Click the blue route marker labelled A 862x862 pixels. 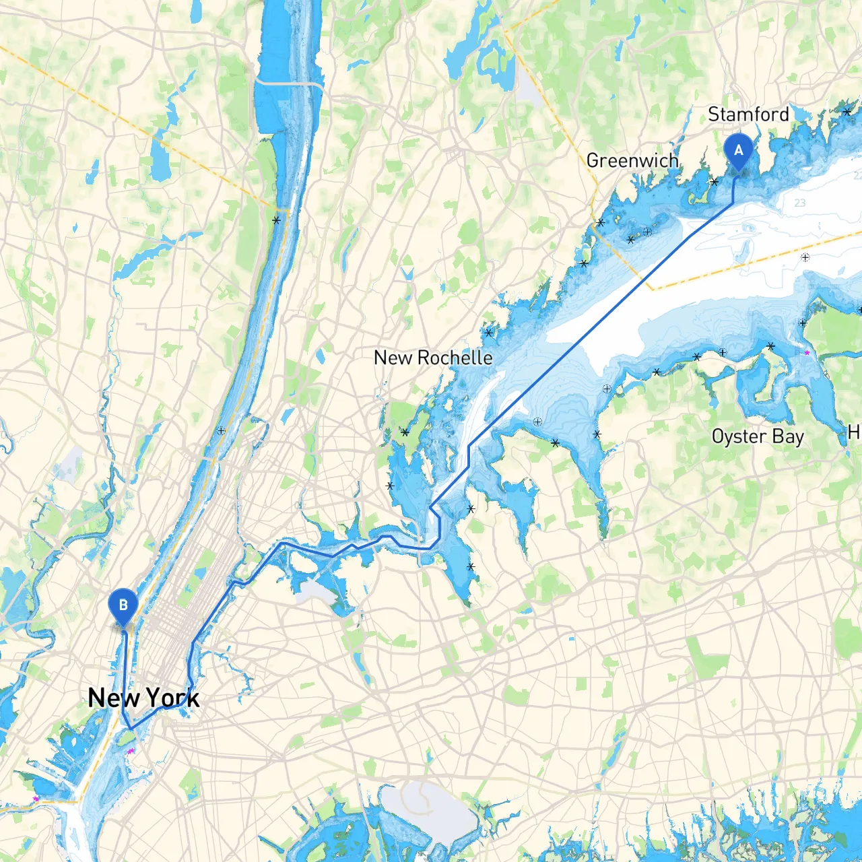pos(738,150)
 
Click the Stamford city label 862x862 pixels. pos(748,114)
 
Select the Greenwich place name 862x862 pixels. pos(632,160)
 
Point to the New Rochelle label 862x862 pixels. pos(433,358)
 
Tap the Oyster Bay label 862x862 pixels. pos(758,436)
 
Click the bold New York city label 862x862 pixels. pos(143,698)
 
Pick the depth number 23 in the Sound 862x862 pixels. pos(799,203)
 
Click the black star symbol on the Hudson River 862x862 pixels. pos(276,220)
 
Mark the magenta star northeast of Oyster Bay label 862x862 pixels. pos(807,352)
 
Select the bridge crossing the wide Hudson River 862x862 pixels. pos(290,83)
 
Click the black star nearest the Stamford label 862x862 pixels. pos(847,112)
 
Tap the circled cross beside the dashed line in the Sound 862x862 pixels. pos(805,257)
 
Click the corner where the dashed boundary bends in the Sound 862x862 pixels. pos(652,289)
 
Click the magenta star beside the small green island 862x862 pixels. pos(131,751)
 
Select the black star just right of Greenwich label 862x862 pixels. pos(715,182)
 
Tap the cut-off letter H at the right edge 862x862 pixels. pos(854,432)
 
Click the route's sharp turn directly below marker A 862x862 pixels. pos(733,203)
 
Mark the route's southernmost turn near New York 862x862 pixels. pos(131,729)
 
